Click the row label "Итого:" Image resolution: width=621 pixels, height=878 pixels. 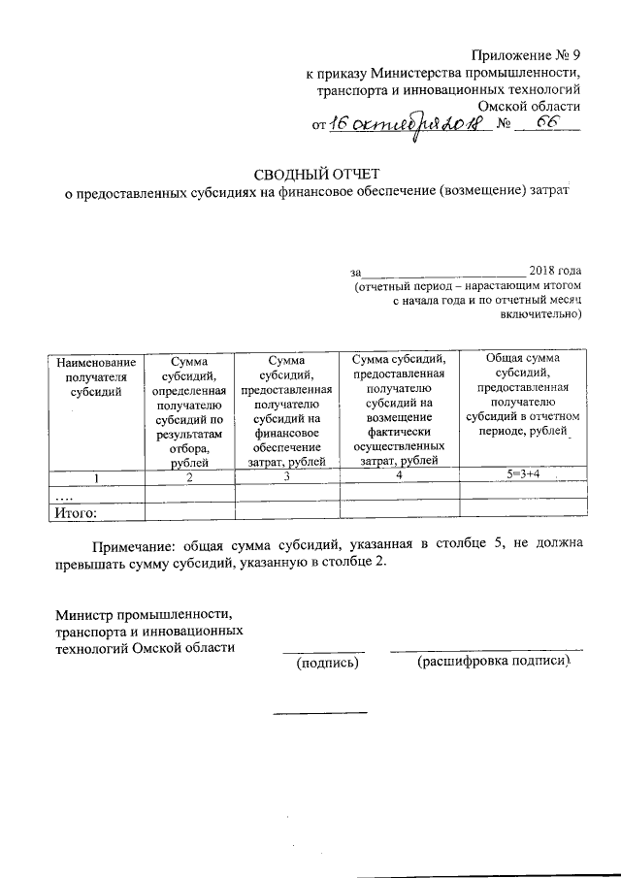(77, 510)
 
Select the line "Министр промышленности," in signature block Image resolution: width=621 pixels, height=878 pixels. (145, 614)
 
